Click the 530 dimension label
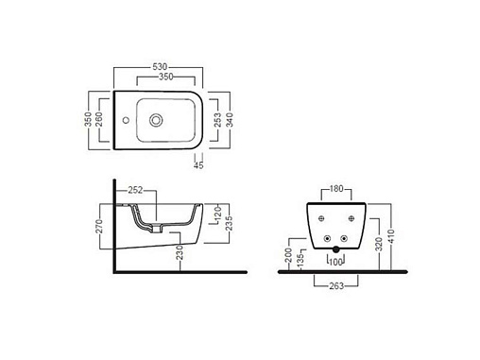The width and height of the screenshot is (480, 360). point(160,67)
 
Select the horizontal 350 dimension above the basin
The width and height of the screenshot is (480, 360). point(165,77)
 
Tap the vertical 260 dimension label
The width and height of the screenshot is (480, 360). point(98,119)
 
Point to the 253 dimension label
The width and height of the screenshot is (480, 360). point(217,120)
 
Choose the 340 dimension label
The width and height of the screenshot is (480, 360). point(230,120)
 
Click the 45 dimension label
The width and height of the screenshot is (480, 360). point(198,165)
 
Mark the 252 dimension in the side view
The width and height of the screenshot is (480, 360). point(135,190)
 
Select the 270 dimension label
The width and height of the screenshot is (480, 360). point(99,226)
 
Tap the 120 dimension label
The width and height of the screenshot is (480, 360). point(217,214)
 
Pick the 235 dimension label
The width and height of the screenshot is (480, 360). point(230,223)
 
